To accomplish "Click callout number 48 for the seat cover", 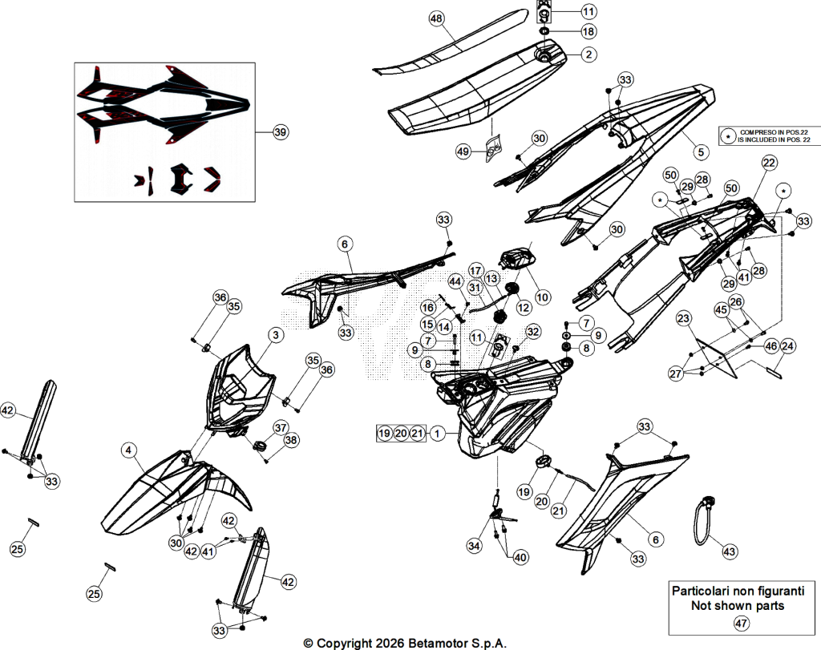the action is pyautogui.click(x=435, y=19).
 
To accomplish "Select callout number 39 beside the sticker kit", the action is pyautogui.click(x=281, y=132).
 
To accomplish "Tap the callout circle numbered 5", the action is pyautogui.click(x=701, y=152).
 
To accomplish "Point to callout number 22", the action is pyautogui.click(x=769, y=163).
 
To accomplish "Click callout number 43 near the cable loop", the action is pyautogui.click(x=730, y=551).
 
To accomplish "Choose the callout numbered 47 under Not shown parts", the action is pyautogui.click(x=741, y=624).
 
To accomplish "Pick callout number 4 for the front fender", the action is pyautogui.click(x=128, y=450).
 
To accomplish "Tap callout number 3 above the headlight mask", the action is pyautogui.click(x=276, y=335).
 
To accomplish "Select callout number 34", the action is pyautogui.click(x=474, y=546).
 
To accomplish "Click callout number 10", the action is pyautogui.click(x=543, y=297).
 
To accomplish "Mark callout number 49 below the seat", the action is pyautogui.click(x=463, y=151).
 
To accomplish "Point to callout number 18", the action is pyautogui.click(x=588, y=31).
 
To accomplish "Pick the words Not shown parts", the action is pyautogui.click(x=738, y=606).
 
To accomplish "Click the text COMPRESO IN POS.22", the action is pyautogui.click(x=774, y=133).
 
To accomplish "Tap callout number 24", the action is pyautogui.click(x=787, y=346).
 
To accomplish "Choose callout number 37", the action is pyautogui.click(x=281, y=427).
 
